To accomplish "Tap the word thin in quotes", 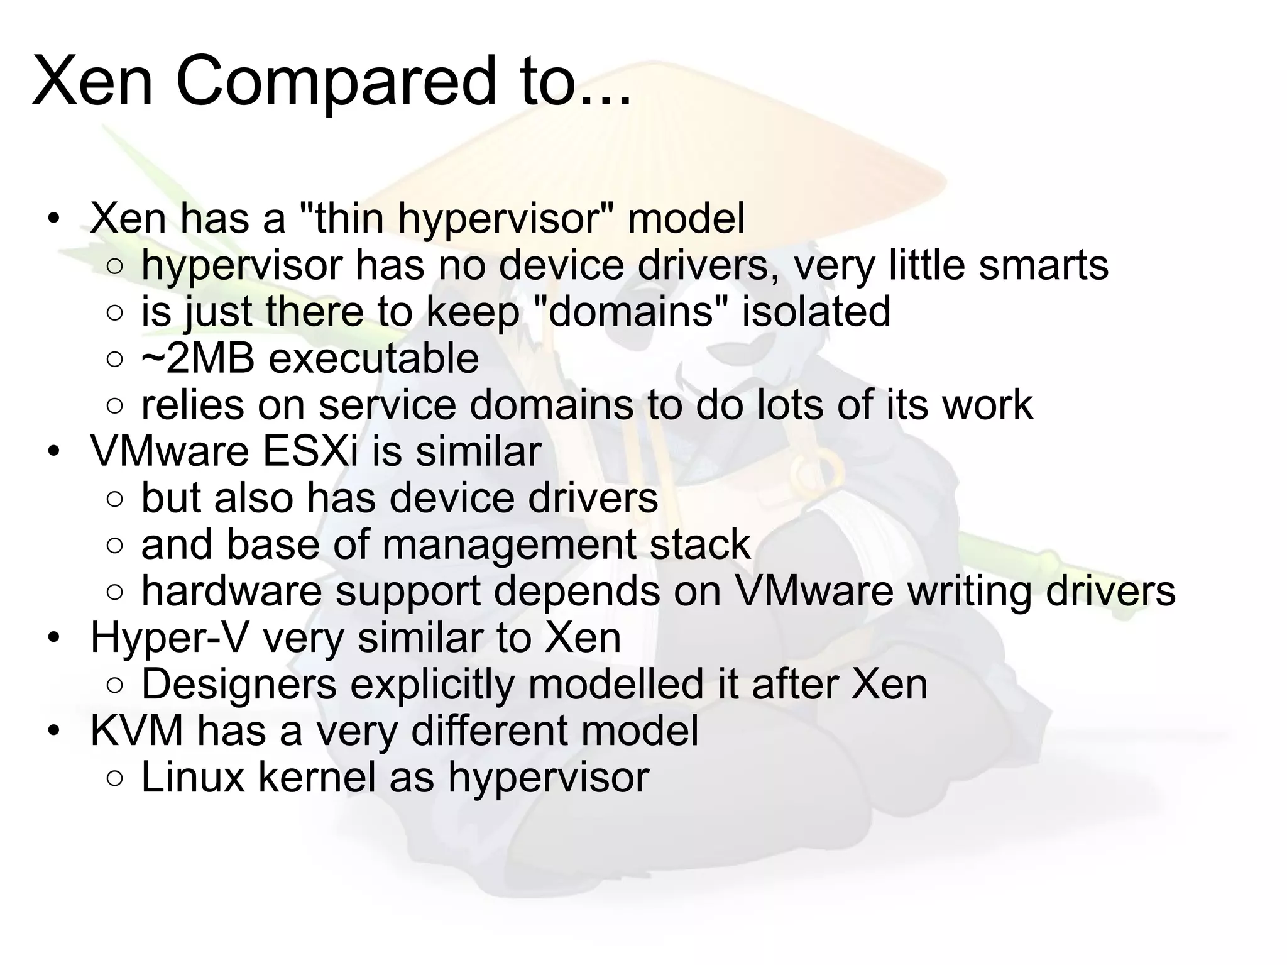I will pos(349,219).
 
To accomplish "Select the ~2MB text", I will pos(198,358).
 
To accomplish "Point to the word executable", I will pos(374,358).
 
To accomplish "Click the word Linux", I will pos(192,777).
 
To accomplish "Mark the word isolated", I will pos(816,312).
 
